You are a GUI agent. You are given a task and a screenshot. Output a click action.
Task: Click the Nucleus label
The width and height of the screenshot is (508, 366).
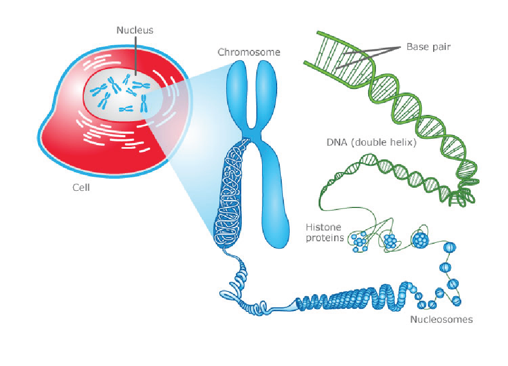tap(135, 30)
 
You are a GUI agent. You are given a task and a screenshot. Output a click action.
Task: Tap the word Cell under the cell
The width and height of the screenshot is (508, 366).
tap(81, 188)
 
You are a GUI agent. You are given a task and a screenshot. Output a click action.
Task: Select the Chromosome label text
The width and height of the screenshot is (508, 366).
tap(249, 52)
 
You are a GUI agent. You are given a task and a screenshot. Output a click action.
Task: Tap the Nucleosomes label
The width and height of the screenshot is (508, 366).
tap(441, 319)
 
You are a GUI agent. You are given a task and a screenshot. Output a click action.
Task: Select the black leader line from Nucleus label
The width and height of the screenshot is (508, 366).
tap(135, 56)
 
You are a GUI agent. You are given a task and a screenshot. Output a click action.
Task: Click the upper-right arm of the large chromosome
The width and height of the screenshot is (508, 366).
tap(266, 94)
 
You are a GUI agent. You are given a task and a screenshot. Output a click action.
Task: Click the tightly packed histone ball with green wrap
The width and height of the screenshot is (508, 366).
tap(420, 240)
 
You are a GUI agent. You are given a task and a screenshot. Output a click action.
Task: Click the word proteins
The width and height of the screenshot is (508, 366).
tap(325, 238)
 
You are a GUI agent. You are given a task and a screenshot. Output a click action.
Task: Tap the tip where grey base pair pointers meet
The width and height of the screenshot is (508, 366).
tap(400, 47)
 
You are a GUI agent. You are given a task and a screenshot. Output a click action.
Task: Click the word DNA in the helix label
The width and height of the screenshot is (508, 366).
tap(337, 142)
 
